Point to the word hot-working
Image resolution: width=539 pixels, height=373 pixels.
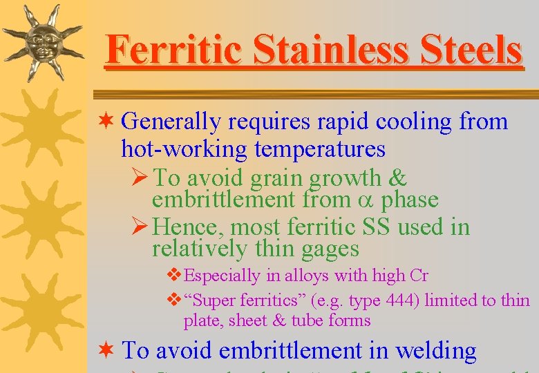point(184,149)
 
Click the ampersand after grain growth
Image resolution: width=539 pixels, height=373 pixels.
point(399,178)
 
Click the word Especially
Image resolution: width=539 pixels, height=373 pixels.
point(223,276)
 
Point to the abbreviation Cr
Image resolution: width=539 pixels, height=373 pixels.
point(419,276)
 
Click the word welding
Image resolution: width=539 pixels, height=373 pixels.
point(435,351)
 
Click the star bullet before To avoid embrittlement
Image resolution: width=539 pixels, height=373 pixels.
point(105,350)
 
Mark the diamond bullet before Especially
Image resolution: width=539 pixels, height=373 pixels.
point(176,276)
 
